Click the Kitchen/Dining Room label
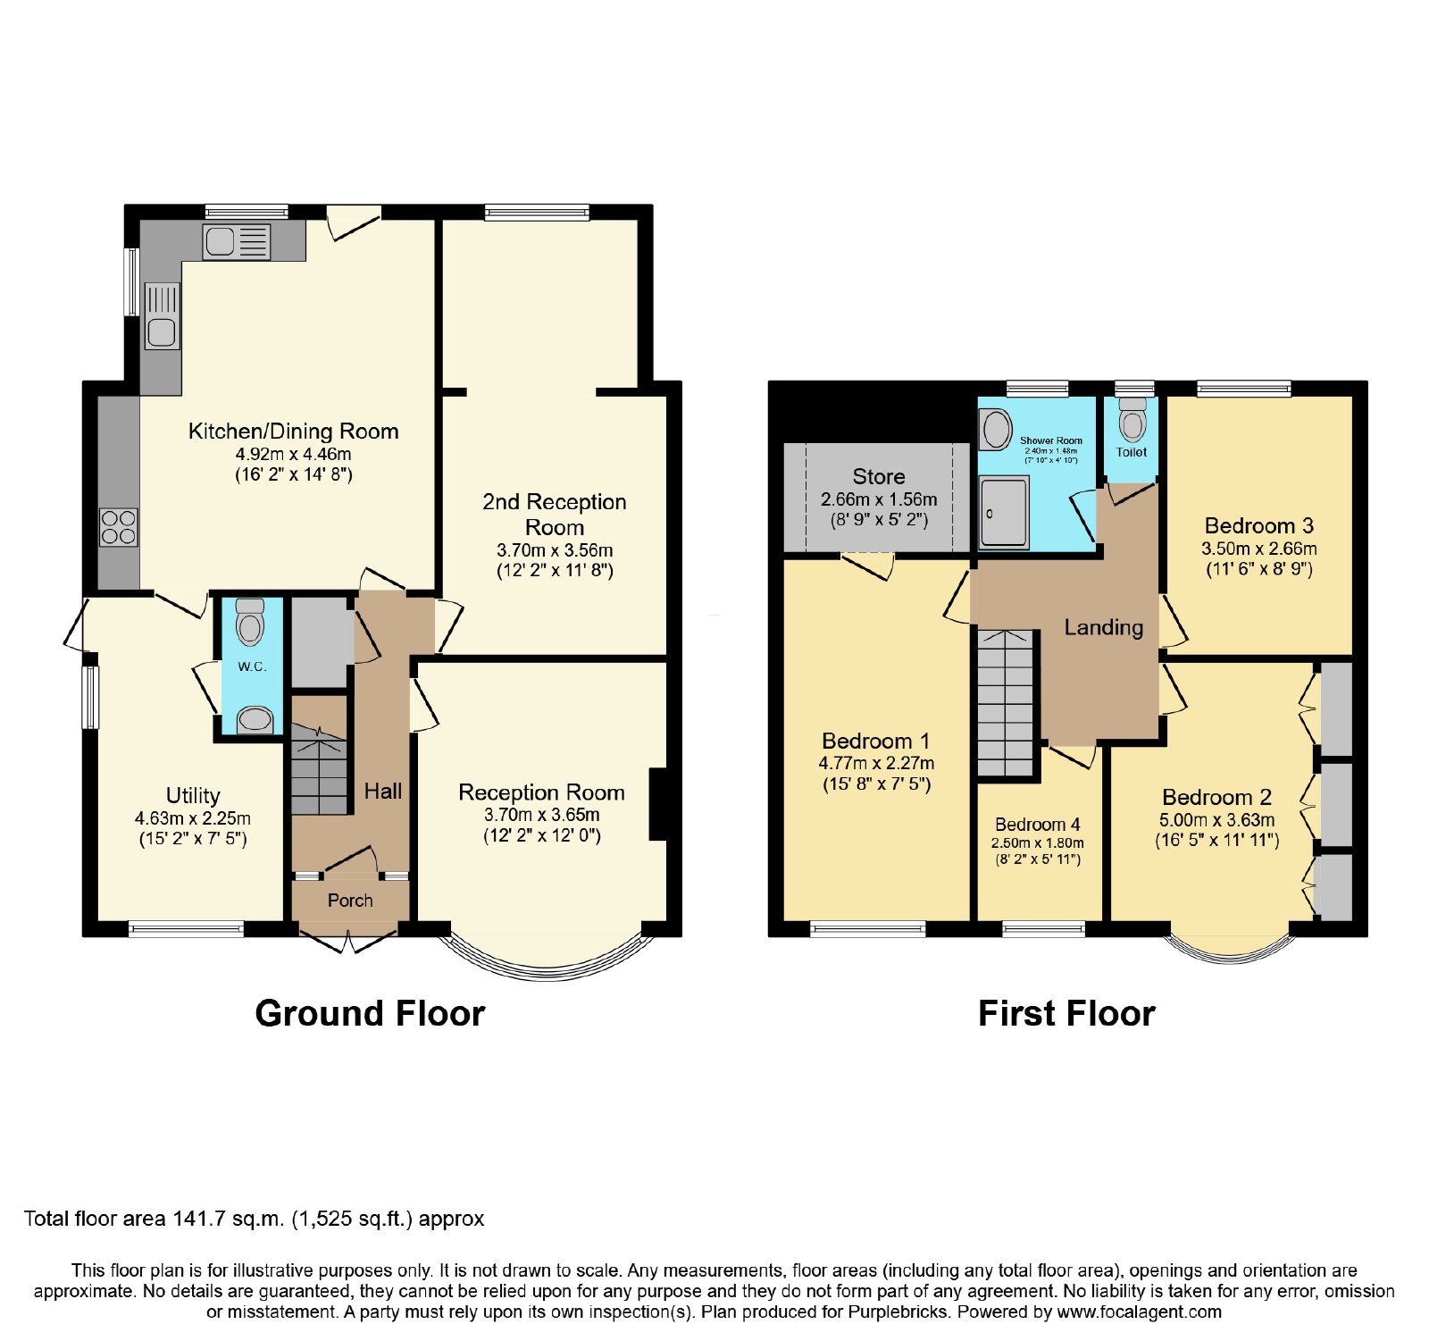(293, 432)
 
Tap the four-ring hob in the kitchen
(119, 527)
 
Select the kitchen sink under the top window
(237, 241)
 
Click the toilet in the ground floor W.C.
(250, 622)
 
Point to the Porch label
(350, 901)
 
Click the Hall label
(383, 791)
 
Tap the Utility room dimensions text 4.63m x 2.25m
(193, 818)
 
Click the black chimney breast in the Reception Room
(659, 804)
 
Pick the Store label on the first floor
(879, 476)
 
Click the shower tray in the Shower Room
(1004, 511)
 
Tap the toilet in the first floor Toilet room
(1132, 419)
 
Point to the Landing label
(1104, 628)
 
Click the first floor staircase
(1005, 703)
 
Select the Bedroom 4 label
(1038, 825)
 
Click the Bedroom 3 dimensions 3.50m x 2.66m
(1259, 549)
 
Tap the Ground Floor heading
(370, 1014)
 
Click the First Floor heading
(1067, 1014)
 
